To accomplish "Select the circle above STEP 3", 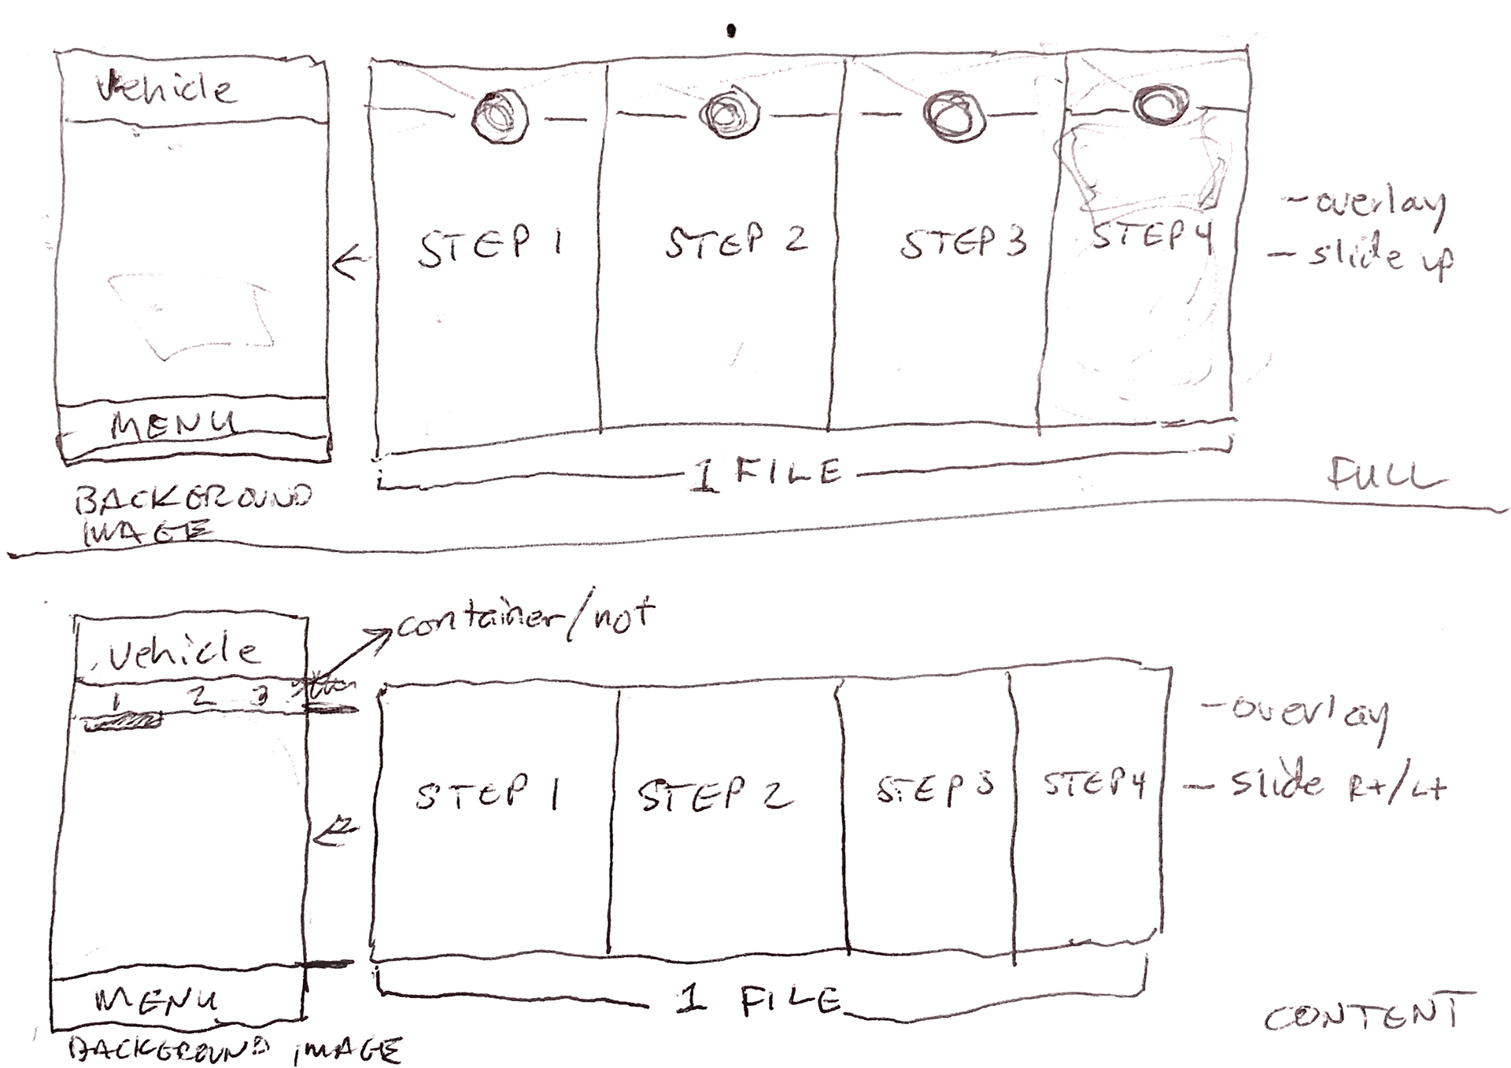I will pos(953,116).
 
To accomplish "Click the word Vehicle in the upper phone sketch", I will pos(165,88).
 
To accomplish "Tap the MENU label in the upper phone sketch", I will pos(173,425).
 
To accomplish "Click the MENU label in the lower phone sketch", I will pos(156,1000).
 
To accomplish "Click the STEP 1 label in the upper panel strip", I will pos(490,247).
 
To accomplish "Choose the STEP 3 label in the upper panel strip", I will pos(963,242).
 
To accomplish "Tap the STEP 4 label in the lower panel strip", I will pos(1094,784).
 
